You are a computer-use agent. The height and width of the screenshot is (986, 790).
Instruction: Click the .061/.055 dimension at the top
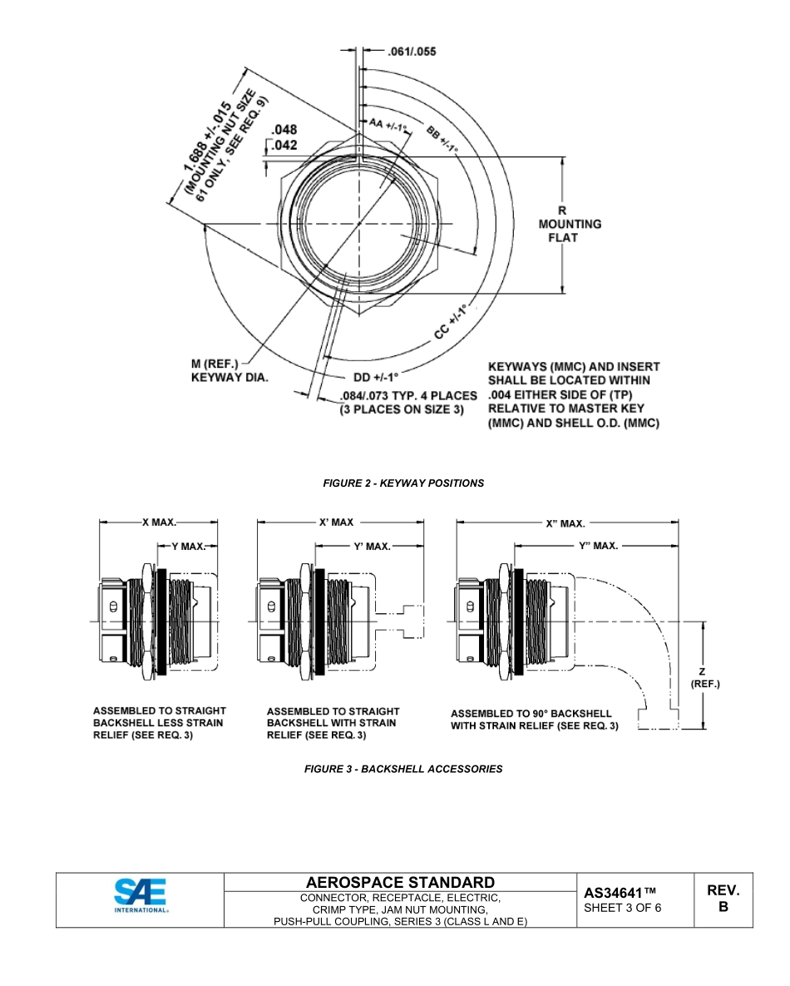[412, 52]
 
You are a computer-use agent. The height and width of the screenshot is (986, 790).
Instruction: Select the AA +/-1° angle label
[388, 125]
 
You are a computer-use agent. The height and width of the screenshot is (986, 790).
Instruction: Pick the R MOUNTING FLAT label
[570, 224]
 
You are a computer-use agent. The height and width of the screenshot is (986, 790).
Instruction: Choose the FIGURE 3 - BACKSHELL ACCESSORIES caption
[403, 769]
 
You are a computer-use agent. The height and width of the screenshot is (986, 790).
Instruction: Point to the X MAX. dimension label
[159, 523]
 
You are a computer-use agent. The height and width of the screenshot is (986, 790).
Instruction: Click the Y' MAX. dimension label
[372, 547]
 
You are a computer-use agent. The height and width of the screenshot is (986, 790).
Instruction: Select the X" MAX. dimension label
[565, 524]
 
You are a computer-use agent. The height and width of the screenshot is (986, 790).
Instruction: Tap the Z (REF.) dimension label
[704, 677]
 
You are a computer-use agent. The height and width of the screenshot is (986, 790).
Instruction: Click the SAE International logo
[141, 899]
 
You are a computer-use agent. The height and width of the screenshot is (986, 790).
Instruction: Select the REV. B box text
[723, 899]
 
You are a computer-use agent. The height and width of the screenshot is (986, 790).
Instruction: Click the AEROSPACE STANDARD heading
[400, 882]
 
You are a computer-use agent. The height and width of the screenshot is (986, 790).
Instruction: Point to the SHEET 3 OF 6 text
[623, 908]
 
